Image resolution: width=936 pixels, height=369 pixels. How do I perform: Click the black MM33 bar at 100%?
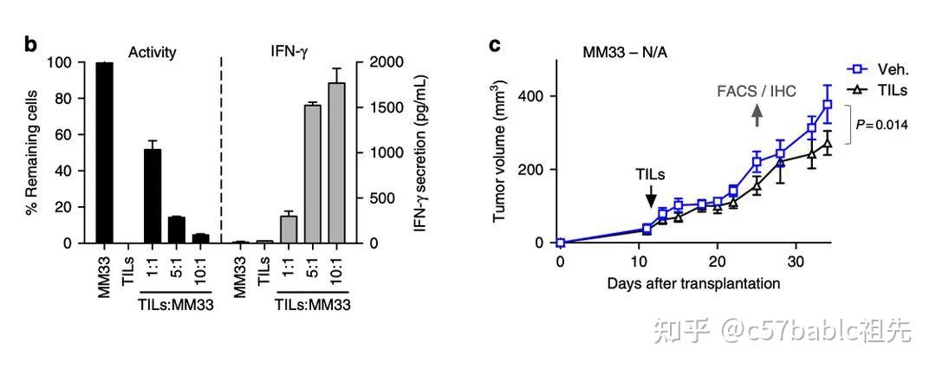click(105, 152)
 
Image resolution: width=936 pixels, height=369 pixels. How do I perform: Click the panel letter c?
click(496, 44)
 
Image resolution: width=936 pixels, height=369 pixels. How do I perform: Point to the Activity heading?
click(153, 52)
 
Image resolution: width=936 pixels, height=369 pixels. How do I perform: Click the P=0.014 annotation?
click(881, 125)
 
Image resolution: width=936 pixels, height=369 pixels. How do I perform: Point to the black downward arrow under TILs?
click(651, 198)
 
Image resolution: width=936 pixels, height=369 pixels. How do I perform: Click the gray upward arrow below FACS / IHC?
click(756, 114)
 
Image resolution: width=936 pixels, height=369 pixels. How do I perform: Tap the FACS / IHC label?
click(756, 90)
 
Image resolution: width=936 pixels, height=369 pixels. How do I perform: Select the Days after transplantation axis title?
click(692, 283)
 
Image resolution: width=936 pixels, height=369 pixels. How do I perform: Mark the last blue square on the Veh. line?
click(828, 105)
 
